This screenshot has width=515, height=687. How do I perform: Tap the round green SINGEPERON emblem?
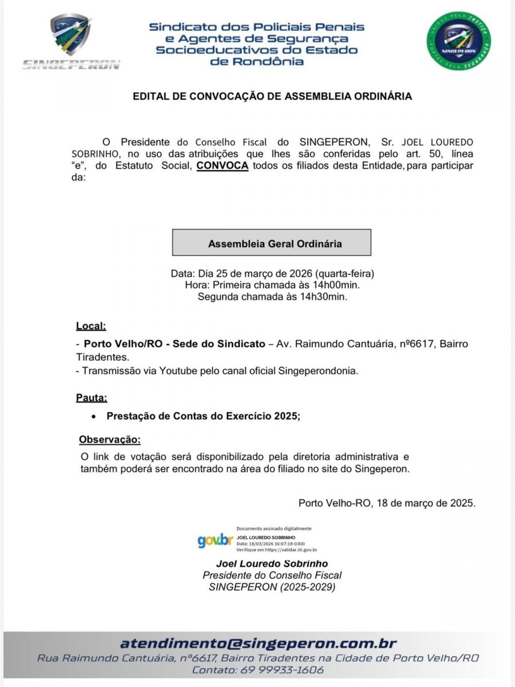coord(458,41)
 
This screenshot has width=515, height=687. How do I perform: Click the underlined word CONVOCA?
coord(222,166)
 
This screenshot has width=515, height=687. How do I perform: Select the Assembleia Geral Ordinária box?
coord(272,243)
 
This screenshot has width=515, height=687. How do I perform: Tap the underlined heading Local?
coord(91,327)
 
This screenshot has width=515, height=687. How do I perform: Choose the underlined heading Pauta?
coord(92,398)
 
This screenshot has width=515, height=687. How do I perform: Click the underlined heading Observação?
coord(109,440)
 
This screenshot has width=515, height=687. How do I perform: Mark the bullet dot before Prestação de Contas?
coord(94,417)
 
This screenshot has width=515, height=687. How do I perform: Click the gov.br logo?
coord(215,540)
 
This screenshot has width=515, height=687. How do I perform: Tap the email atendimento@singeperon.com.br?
coord(258,643)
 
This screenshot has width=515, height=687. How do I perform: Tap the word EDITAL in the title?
coord(150,96)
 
